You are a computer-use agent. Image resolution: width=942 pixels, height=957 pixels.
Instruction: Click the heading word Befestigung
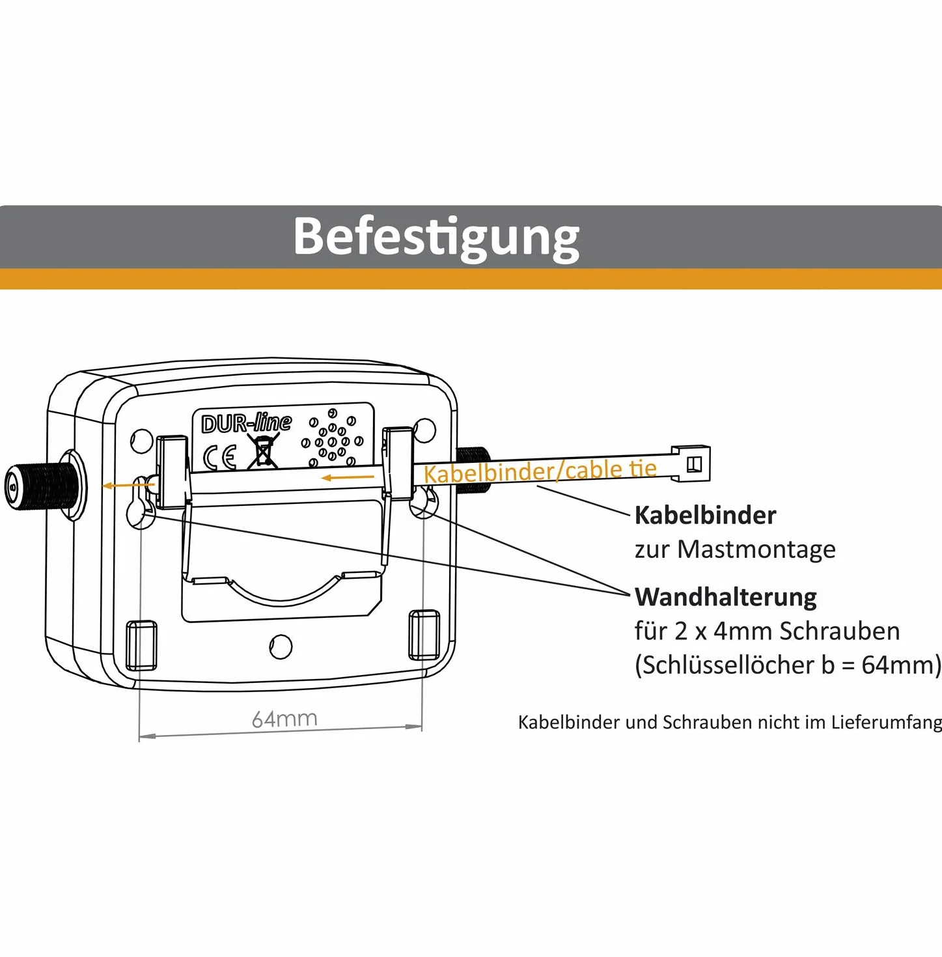436,238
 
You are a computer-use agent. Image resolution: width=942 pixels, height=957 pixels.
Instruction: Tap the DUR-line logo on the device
246,423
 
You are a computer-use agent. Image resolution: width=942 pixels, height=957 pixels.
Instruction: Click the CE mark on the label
219,458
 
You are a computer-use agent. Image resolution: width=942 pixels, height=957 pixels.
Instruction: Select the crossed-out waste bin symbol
262,451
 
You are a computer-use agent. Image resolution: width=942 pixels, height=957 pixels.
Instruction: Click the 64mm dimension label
284,719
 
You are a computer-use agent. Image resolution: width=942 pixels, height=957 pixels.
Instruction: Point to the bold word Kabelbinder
705,515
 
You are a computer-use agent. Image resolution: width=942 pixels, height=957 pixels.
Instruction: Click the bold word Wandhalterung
725,597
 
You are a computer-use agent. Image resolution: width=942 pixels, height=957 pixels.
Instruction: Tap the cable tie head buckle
691,464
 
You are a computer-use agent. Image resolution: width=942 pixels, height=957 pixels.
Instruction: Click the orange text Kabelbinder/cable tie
540,471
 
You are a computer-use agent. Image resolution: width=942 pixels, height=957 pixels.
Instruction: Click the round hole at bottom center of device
281,646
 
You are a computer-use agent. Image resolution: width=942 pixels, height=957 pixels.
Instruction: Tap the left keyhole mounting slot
139,501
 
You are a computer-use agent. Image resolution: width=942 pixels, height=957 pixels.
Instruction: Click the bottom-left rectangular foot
142,645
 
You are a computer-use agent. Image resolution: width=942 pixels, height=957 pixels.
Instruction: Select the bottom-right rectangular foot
424,635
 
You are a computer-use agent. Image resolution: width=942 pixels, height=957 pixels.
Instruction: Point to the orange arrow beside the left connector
129,484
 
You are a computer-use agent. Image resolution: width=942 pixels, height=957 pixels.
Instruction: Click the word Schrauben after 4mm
840,631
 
